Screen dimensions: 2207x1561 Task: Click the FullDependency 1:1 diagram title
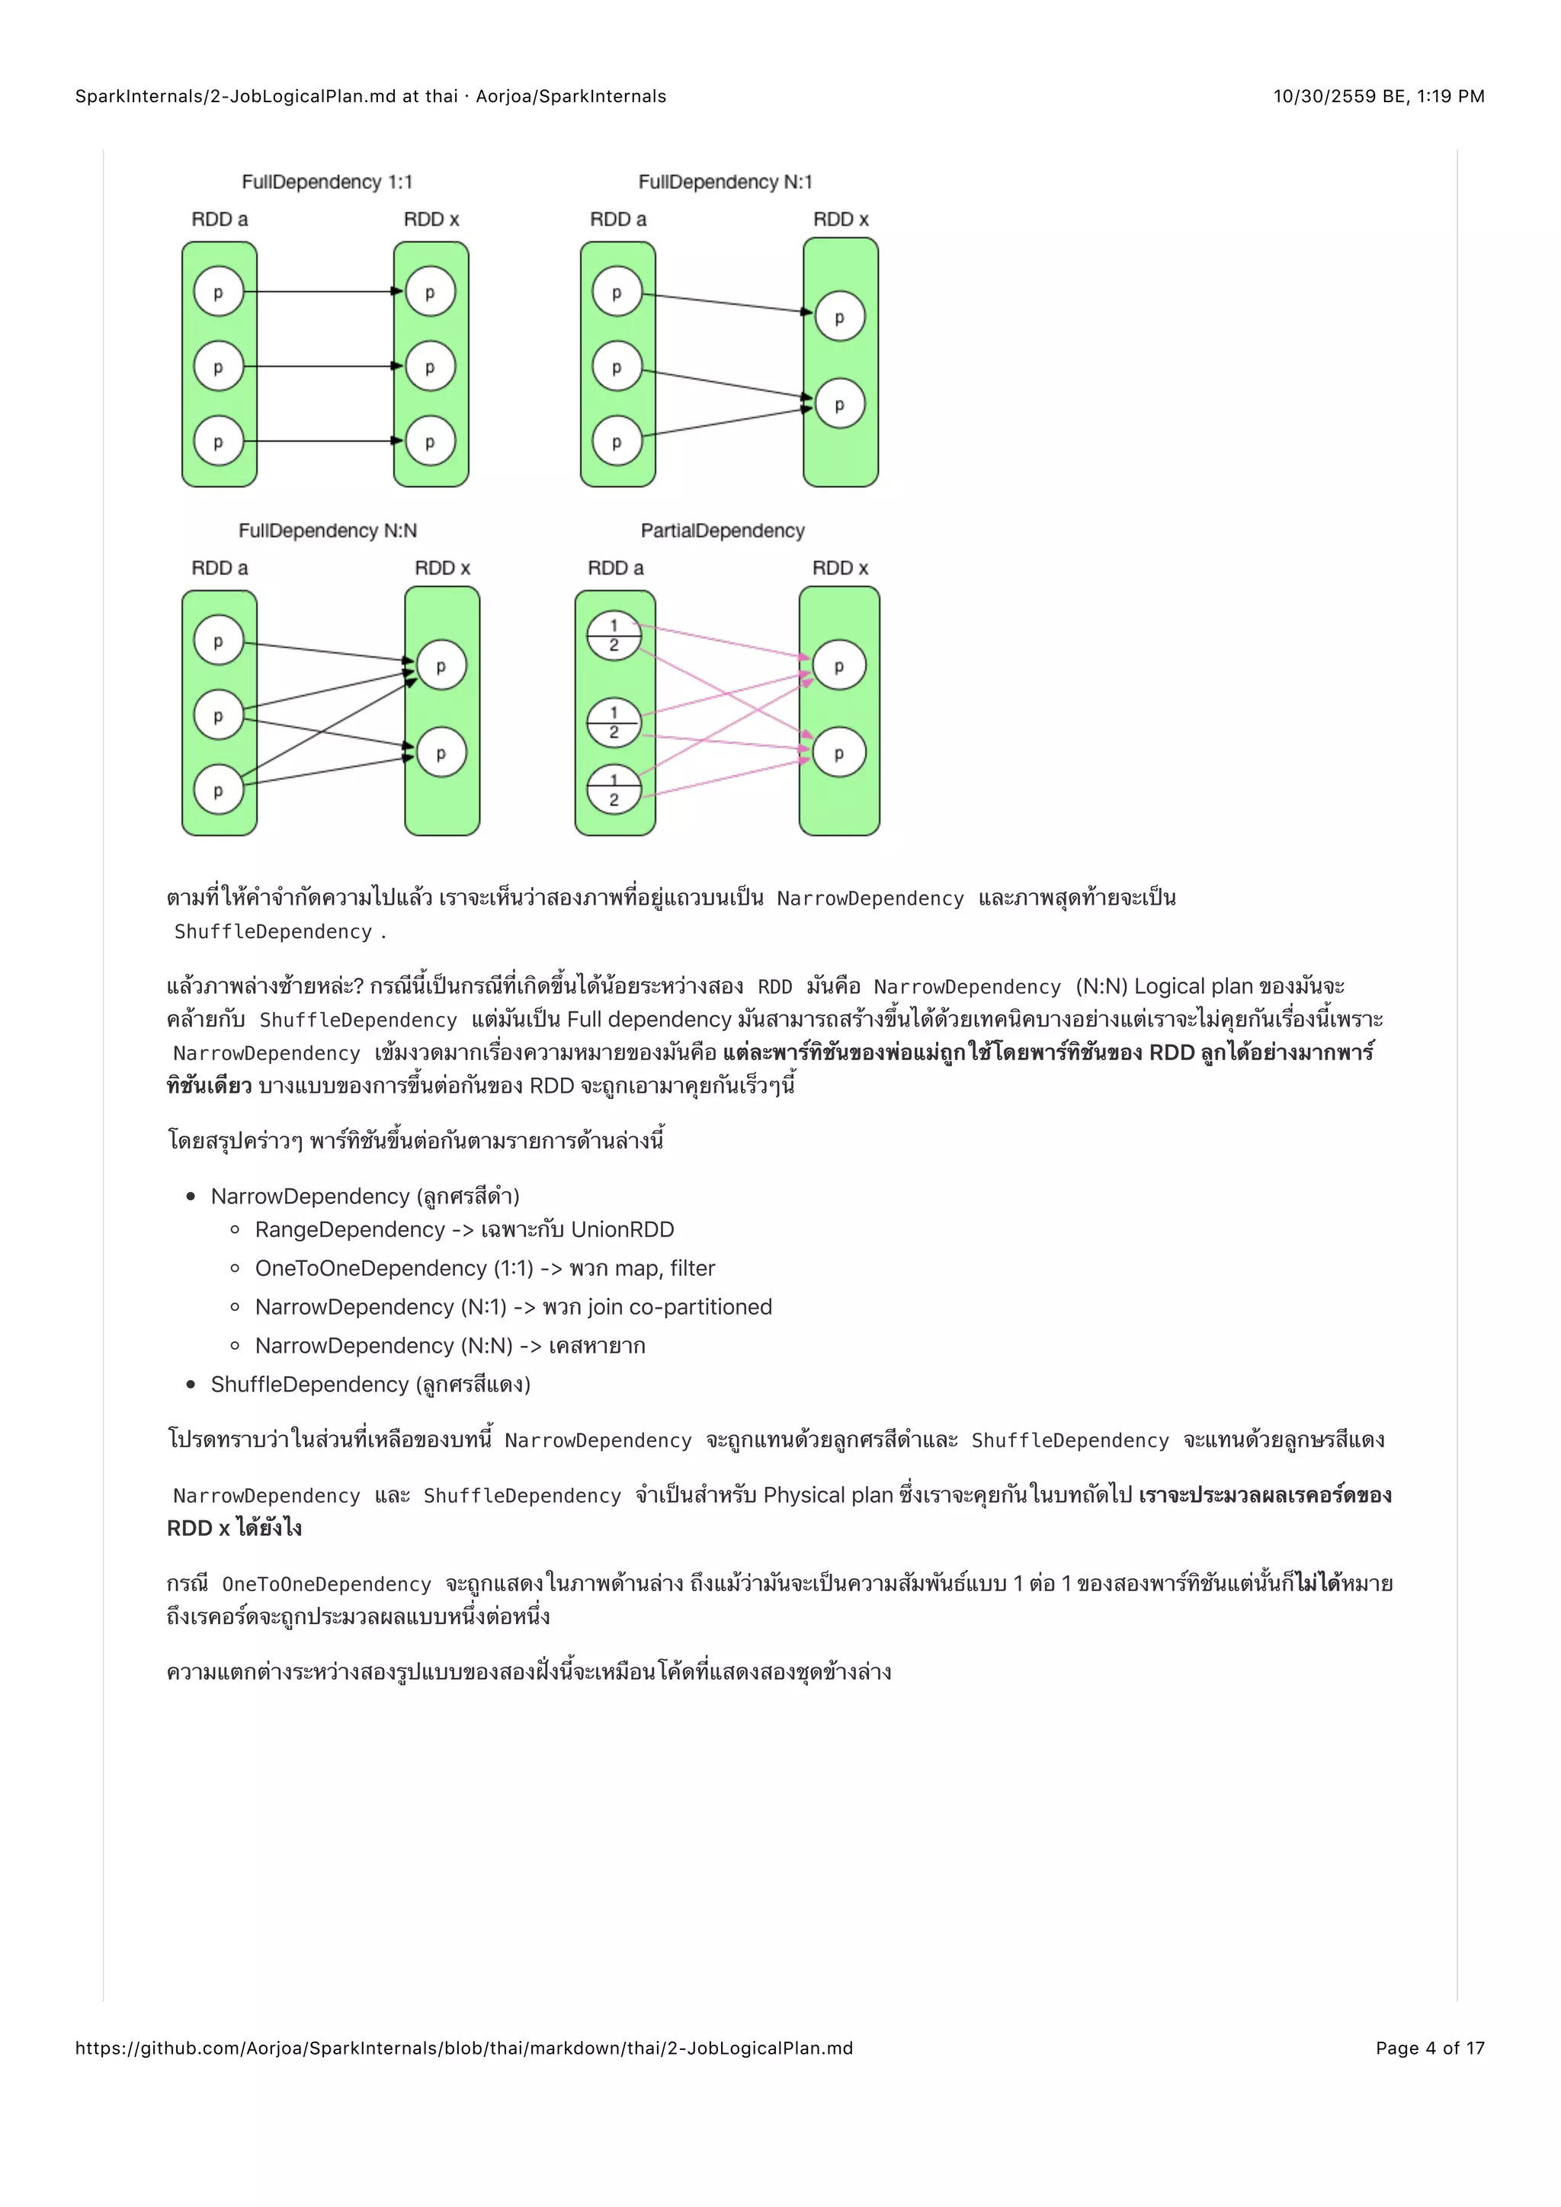tap(327, 181)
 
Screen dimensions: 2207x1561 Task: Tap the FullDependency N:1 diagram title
tap(725, 181)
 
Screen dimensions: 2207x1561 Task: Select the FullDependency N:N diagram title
tap(327, 530)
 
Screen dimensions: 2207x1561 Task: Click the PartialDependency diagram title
tap(722, 530)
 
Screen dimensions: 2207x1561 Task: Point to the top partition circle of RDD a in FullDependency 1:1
tap(218, 292)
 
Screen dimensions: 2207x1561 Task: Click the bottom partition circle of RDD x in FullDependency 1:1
tap(430, 441)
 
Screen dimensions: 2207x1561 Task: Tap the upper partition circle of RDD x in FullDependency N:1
tap(839, 317)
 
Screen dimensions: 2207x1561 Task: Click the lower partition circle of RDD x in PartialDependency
tap(838, 753)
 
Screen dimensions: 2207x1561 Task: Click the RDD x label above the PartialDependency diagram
tap(839, 568)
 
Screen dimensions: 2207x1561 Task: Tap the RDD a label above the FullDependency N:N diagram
tap(220, 568)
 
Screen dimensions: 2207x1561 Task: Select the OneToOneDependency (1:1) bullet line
tap(485, 1268)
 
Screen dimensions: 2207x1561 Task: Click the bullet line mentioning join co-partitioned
tap(513, 1306)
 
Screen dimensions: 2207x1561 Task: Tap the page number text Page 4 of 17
tap(1429, 2048)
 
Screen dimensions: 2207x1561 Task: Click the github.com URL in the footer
tap(463, 2048)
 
